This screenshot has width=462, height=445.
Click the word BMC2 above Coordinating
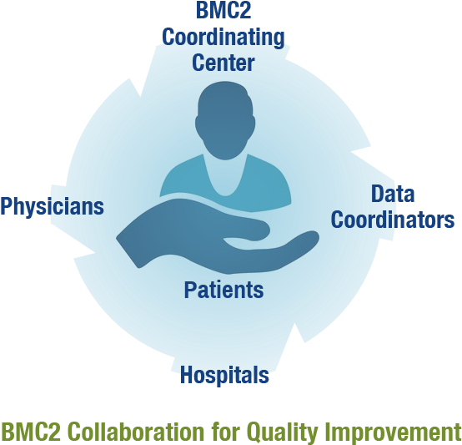click(x=223, y=10)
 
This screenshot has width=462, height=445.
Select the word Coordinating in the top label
click(x=223, y=38)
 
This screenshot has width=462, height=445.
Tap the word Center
click(x=223, y=63)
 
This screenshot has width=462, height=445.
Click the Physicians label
click(x=53, y=206)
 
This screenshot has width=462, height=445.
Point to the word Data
click(x=393, y=194)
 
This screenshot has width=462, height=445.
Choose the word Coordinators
click(x=393, y=220)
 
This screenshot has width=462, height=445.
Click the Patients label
click(x=223, y=290)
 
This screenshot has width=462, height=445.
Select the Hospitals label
click(x=224, y=375)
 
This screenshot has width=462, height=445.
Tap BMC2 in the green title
click(x=32, y=431)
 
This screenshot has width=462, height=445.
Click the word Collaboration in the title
click(x=137, y=431)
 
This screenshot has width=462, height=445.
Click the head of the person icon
click(x=225, y=120)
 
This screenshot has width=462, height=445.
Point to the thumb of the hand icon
click(x=250, y=229)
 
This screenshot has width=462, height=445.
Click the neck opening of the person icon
click(x=225, y=177)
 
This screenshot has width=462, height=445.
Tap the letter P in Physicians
click(x=7, y=206)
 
